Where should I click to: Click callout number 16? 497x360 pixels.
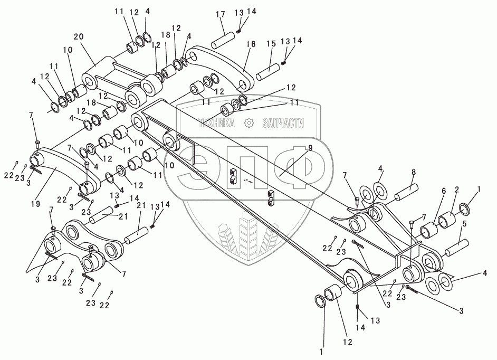pyautogui.click(x=251, y=45)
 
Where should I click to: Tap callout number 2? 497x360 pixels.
pyautogui.click(x=456, y=189)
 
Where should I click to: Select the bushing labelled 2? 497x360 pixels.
pyautogui.click(x=446, y=219)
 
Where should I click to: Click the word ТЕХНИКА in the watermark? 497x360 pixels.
pyautogui.click(x=218, y=123)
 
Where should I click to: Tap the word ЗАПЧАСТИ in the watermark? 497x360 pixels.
pyautogui.click(x=283, y=123)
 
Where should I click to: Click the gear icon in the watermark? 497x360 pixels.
pyautogui.click(x=249, y=123)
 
